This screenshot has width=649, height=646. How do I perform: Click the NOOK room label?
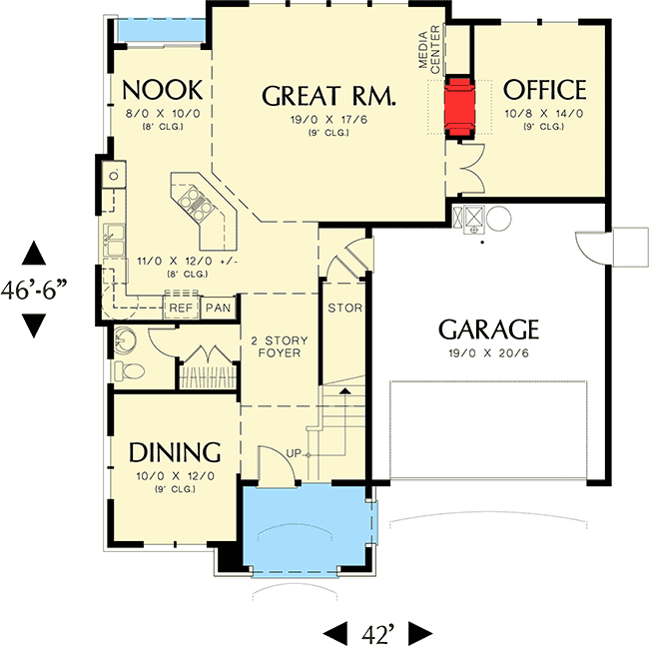163,90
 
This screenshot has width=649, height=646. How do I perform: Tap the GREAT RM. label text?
329,96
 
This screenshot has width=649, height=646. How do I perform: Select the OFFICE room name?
545,89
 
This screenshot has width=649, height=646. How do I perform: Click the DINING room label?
175,451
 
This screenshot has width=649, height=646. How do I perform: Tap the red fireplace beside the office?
459,106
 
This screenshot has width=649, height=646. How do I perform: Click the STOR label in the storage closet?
344,308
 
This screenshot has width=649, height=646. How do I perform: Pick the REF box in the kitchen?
181,308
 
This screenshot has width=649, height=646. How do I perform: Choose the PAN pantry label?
218,308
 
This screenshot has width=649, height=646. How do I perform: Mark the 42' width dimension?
378,631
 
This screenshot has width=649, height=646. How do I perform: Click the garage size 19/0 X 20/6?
489,354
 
